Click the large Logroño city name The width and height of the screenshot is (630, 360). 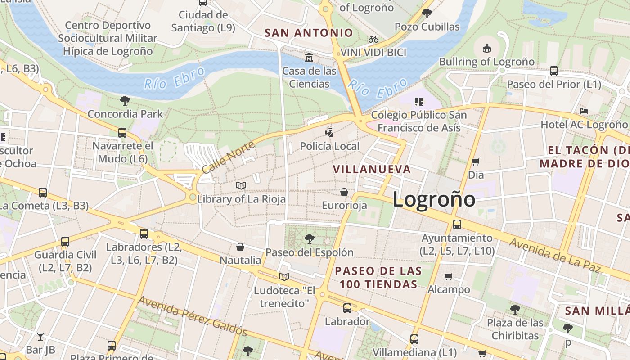434,199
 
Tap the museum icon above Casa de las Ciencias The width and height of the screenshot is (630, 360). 309,58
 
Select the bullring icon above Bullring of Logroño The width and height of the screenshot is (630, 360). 486,48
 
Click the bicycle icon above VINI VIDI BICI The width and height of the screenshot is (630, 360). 373,39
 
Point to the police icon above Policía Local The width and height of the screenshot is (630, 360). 330,132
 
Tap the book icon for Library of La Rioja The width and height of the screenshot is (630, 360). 241,185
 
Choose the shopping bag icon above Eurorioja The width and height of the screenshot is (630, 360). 344,192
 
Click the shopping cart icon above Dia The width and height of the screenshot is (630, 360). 476,162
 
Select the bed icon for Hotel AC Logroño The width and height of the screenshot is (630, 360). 584,111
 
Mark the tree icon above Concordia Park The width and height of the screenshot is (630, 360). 125,100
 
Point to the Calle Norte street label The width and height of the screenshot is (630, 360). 228,157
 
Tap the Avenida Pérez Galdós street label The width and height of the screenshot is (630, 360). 193,316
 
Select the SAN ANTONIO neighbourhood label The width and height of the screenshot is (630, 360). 309,33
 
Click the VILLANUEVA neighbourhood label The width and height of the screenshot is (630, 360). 372,169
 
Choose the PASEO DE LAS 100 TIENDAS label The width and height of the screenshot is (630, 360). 378,278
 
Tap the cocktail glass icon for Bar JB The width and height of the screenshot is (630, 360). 40,336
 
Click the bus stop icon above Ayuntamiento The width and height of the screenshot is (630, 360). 457,224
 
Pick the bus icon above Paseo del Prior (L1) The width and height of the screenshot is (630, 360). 554,71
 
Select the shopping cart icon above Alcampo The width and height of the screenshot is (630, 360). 449,276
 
